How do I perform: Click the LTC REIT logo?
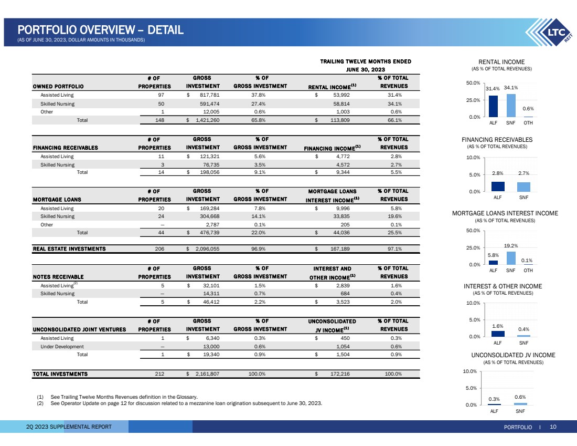tap(551, 34)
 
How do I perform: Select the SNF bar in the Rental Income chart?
tap(511, 106)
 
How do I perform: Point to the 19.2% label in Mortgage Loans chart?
tap(511, 245)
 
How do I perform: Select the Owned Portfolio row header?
tap(58, 86)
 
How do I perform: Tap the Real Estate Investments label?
tap(69, 248)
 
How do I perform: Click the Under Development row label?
tap(62, 347)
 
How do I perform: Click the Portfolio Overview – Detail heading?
tap(100, 30)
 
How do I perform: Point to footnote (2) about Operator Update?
tap(178, 403)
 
